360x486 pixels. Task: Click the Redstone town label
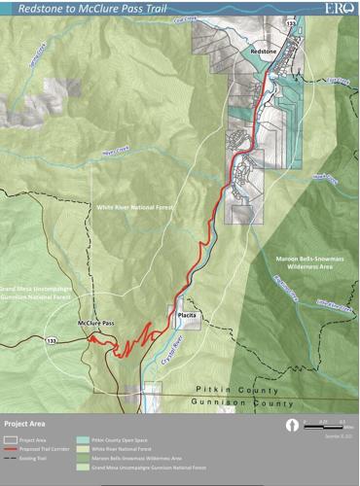click(264, 47)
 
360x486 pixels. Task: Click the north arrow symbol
click(290, 425)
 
